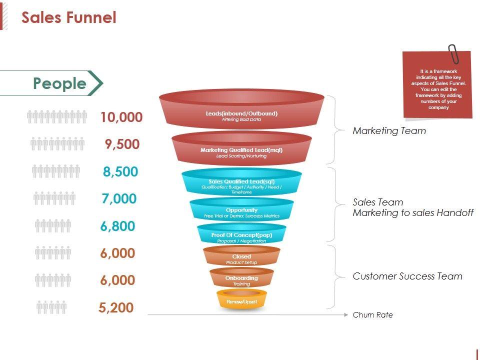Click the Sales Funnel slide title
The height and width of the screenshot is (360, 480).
(x=69, y=18)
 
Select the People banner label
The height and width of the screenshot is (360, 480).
(x=59, y=83)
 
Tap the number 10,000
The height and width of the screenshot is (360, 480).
(x=121, y=117)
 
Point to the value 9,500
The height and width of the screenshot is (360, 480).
(x=122, y=144)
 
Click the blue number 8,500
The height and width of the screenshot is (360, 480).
(x=120, y=171)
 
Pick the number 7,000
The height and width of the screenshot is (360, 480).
(x=118, y=199)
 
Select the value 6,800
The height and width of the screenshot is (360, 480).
(x=117, y=226)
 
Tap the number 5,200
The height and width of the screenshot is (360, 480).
(x=116, y=307)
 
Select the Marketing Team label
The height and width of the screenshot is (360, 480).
(x=389, y=131)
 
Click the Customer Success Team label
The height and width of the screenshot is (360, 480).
(x=407, y=276)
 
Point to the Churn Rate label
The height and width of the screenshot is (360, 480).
(x=372, y=315)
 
